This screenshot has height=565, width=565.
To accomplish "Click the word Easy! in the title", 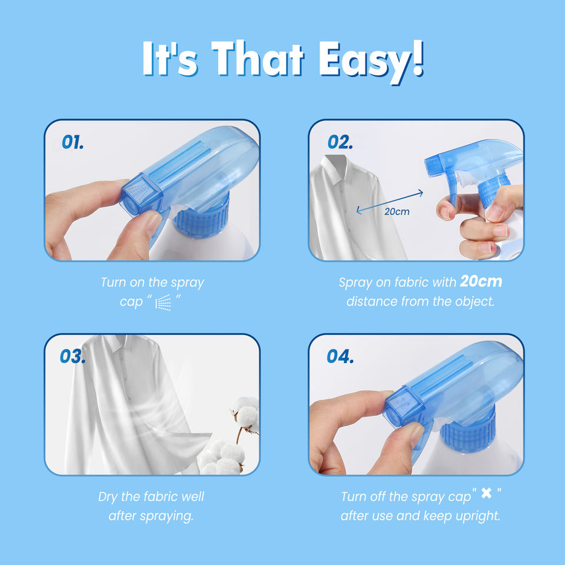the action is (x=371, y=61).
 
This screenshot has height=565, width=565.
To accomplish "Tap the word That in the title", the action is (x=258, y=58).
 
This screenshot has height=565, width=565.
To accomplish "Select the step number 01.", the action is (x=73, y=142).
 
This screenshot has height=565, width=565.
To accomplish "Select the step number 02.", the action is (x=340, y=142).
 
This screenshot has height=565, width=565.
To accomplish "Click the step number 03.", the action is (x=73, y=357).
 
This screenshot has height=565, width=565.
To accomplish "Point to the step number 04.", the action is (x=340, y=357).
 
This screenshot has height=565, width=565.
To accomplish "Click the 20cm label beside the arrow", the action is (x=397, y=211).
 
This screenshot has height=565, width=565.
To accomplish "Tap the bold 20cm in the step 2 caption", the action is (x=481, y=281).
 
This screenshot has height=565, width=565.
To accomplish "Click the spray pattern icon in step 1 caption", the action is (x=163, y=302).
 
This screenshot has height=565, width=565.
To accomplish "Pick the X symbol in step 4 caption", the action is (x=486, y=493).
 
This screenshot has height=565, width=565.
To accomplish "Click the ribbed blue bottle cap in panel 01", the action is (x=202, y=219).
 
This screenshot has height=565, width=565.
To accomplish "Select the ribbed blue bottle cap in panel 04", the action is (x=468, y=430).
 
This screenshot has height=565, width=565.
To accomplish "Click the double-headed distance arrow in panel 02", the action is (x=390, y=202).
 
